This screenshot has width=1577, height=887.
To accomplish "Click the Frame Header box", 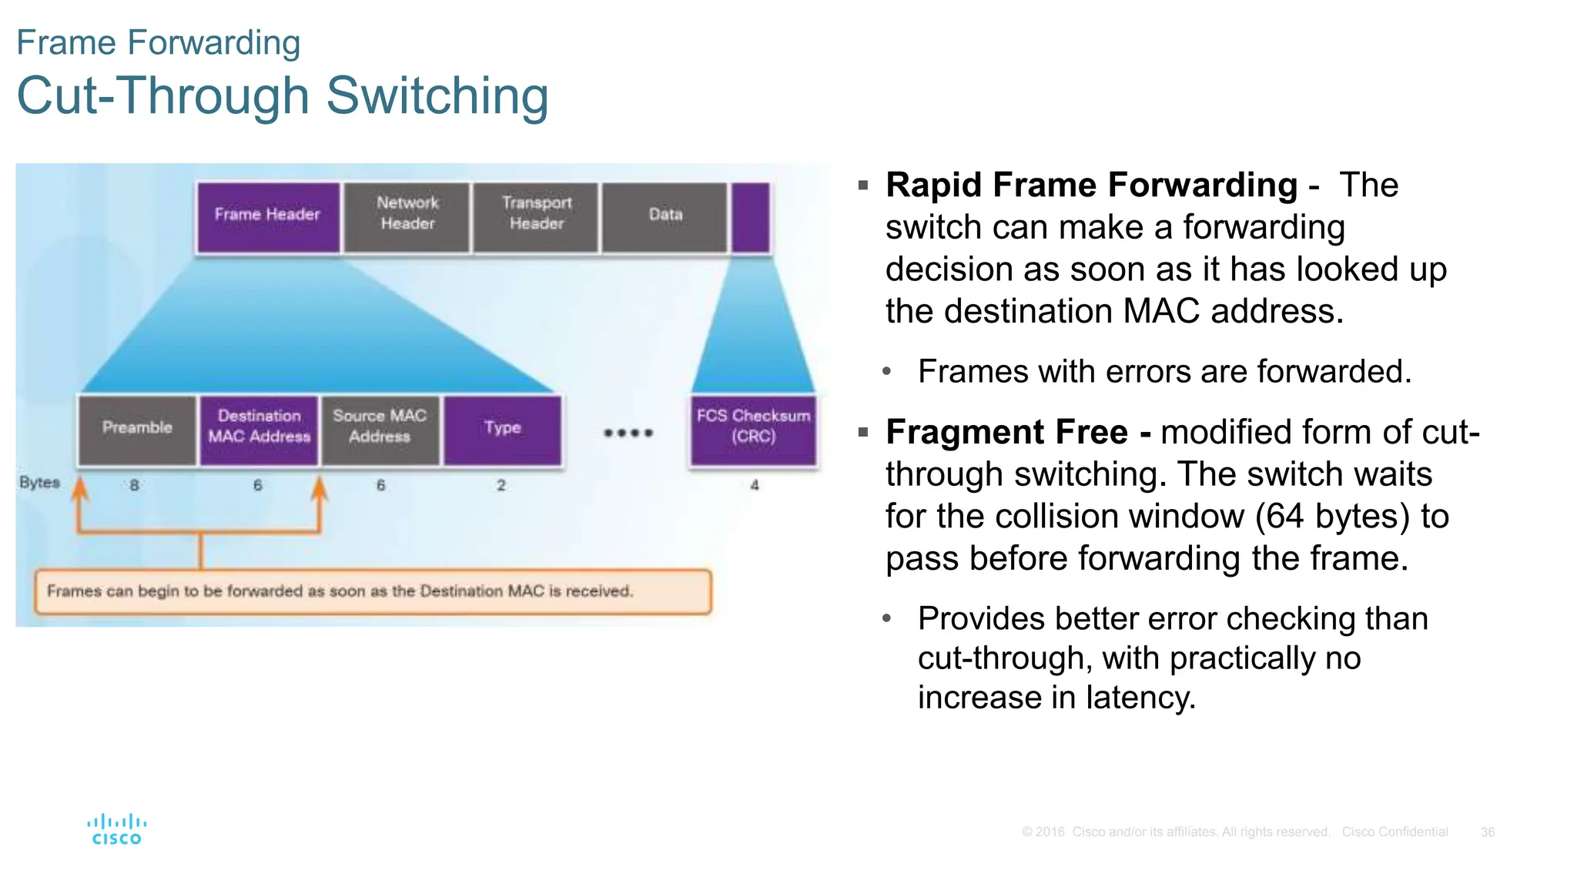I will coord(267,215).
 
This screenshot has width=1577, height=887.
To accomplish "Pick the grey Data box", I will coord(665,215).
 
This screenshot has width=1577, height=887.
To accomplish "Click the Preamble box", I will coord(137,428).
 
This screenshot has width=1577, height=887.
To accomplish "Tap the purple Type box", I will coord(502,428).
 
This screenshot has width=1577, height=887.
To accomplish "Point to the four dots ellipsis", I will coord(628,433).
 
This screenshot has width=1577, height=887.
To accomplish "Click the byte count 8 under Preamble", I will coord(135,485).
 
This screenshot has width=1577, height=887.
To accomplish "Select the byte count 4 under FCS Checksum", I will coord(755,485).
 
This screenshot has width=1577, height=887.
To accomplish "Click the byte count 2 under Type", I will coord(501,485).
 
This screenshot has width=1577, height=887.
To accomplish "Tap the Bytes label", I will coord(39,483).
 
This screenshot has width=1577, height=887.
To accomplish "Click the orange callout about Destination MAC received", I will coord(373,591).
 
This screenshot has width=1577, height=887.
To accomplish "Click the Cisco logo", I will coord(116,829).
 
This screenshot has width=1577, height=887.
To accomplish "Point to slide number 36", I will coord(1488,832).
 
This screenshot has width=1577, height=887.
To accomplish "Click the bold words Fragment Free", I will coord(1006,432).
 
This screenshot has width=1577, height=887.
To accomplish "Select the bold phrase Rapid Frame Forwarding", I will coord(1091,186).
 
